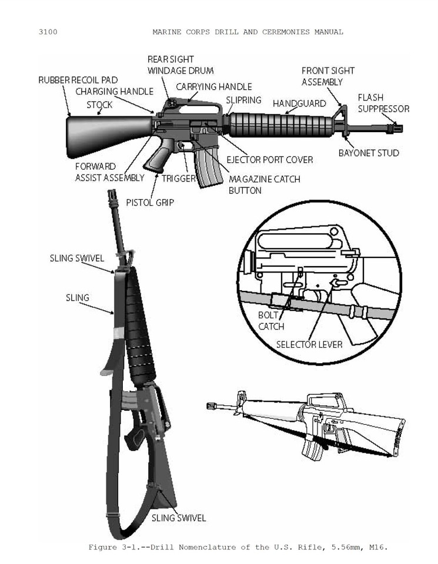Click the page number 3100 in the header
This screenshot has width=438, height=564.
coord(48,32)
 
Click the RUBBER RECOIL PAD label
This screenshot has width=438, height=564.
coord(78,80)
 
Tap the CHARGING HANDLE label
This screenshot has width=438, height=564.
coord(115,92)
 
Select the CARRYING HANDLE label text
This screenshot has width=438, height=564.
coord(214,87)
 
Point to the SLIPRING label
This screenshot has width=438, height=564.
coord(243,100)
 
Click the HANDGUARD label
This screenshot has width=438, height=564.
coord(299,103)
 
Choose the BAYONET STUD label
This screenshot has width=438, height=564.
coord(369,153)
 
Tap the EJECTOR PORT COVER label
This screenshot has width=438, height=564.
coord(270,160)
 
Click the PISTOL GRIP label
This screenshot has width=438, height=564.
coord(150,203)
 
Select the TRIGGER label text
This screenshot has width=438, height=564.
coord(179,179)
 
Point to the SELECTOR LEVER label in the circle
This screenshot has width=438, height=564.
coord(309,345)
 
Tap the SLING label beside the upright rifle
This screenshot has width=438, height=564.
coord(78,298)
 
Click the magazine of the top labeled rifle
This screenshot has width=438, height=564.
coord(207,167)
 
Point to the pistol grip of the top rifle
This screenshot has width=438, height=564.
coord(158,155)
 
